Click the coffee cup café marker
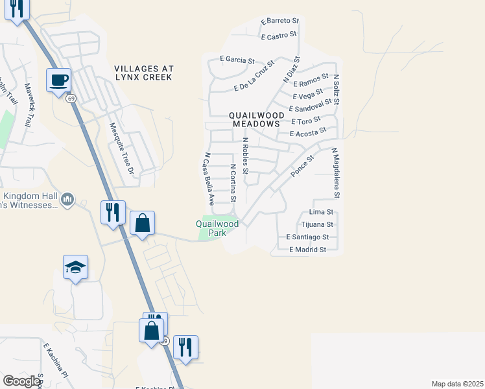58,80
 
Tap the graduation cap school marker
75,266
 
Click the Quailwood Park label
217,228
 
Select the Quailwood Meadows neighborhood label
255,119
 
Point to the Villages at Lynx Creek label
143,73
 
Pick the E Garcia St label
236,60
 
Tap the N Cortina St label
233,182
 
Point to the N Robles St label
245,156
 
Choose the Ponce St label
302,166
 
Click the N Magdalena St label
335,172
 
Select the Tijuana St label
317,224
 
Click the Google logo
21,381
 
